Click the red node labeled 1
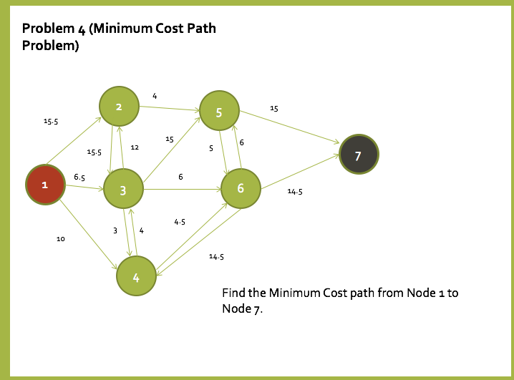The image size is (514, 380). click(45, 185)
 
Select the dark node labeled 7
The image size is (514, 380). click(359, 154)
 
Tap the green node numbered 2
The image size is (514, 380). click(119, 107)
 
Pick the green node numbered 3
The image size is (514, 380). click(124, 190)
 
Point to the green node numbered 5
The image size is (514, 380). click(219, 112)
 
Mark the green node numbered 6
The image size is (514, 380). click(241, 188)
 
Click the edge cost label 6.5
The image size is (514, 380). click(79, 177)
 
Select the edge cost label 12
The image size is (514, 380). click(135, 147)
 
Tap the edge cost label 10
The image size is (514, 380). click(61, 239)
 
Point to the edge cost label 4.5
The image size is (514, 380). click(180, 223)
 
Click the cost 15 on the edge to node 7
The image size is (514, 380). click(274, 109)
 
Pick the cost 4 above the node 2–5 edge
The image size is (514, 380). click(155, 95)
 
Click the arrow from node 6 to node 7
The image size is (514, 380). click(301, 172)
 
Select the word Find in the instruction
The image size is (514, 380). click(233, 293)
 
